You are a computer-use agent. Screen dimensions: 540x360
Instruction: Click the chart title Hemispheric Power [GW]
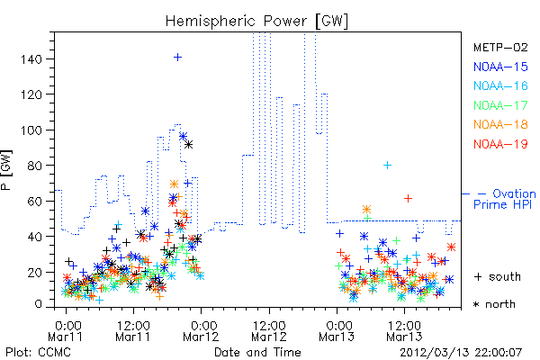[x=256, y=22]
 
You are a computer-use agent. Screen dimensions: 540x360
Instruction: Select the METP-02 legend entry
[x=500, y=47]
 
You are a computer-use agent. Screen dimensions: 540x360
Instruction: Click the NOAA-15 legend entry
[x=500, y=67]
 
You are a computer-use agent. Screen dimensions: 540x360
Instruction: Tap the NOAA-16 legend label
[x=500, y=85]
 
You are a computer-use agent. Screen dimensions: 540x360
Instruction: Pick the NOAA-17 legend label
[x=500, y=105]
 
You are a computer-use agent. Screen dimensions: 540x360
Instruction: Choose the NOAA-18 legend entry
[x=500, y=124]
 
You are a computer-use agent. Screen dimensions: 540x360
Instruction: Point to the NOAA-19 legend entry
[x=500, y=144]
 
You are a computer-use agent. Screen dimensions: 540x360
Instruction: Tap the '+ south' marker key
[x=498, y=276]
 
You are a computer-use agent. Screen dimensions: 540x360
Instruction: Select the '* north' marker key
[x=494, y=304]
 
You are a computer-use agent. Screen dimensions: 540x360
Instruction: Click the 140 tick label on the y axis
[x=31, y=59]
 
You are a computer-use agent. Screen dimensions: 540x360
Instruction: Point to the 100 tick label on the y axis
[x=31, y=130]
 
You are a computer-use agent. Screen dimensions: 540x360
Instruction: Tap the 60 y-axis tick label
[x=35, y=202]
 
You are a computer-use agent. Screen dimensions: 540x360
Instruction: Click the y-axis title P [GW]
[x=6, y=169]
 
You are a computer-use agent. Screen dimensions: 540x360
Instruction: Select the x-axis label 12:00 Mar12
[x=269, y=330]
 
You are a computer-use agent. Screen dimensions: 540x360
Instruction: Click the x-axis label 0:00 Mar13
[x=337, y=330]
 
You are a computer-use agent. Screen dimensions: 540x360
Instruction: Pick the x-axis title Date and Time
[x=257, y=353]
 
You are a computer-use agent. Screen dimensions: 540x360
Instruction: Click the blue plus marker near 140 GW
[x=177, y=58]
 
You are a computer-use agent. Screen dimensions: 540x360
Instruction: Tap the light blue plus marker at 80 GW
[x=387, y=166]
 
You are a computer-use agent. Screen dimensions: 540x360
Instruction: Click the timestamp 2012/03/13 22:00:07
[x=461, y=353]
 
